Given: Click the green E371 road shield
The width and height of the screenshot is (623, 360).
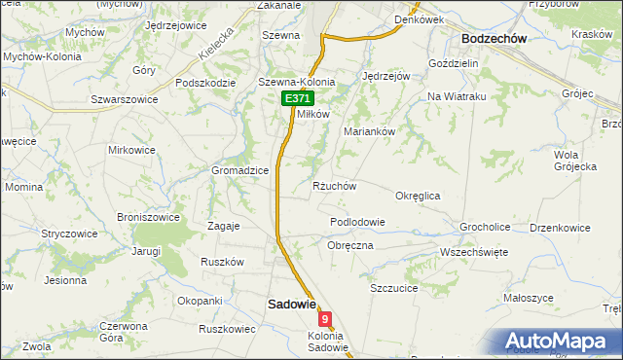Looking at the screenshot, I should [297, 99].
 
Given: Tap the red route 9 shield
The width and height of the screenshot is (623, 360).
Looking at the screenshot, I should [325, 318].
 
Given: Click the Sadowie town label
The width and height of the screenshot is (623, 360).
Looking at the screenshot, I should [291, 304].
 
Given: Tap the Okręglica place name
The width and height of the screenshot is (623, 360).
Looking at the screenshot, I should [418, 196].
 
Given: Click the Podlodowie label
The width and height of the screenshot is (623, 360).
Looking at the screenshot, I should [357, 222].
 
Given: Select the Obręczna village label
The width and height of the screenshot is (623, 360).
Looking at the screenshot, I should [350, 245].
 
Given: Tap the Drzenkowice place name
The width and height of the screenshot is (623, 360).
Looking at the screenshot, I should [560, 228].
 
